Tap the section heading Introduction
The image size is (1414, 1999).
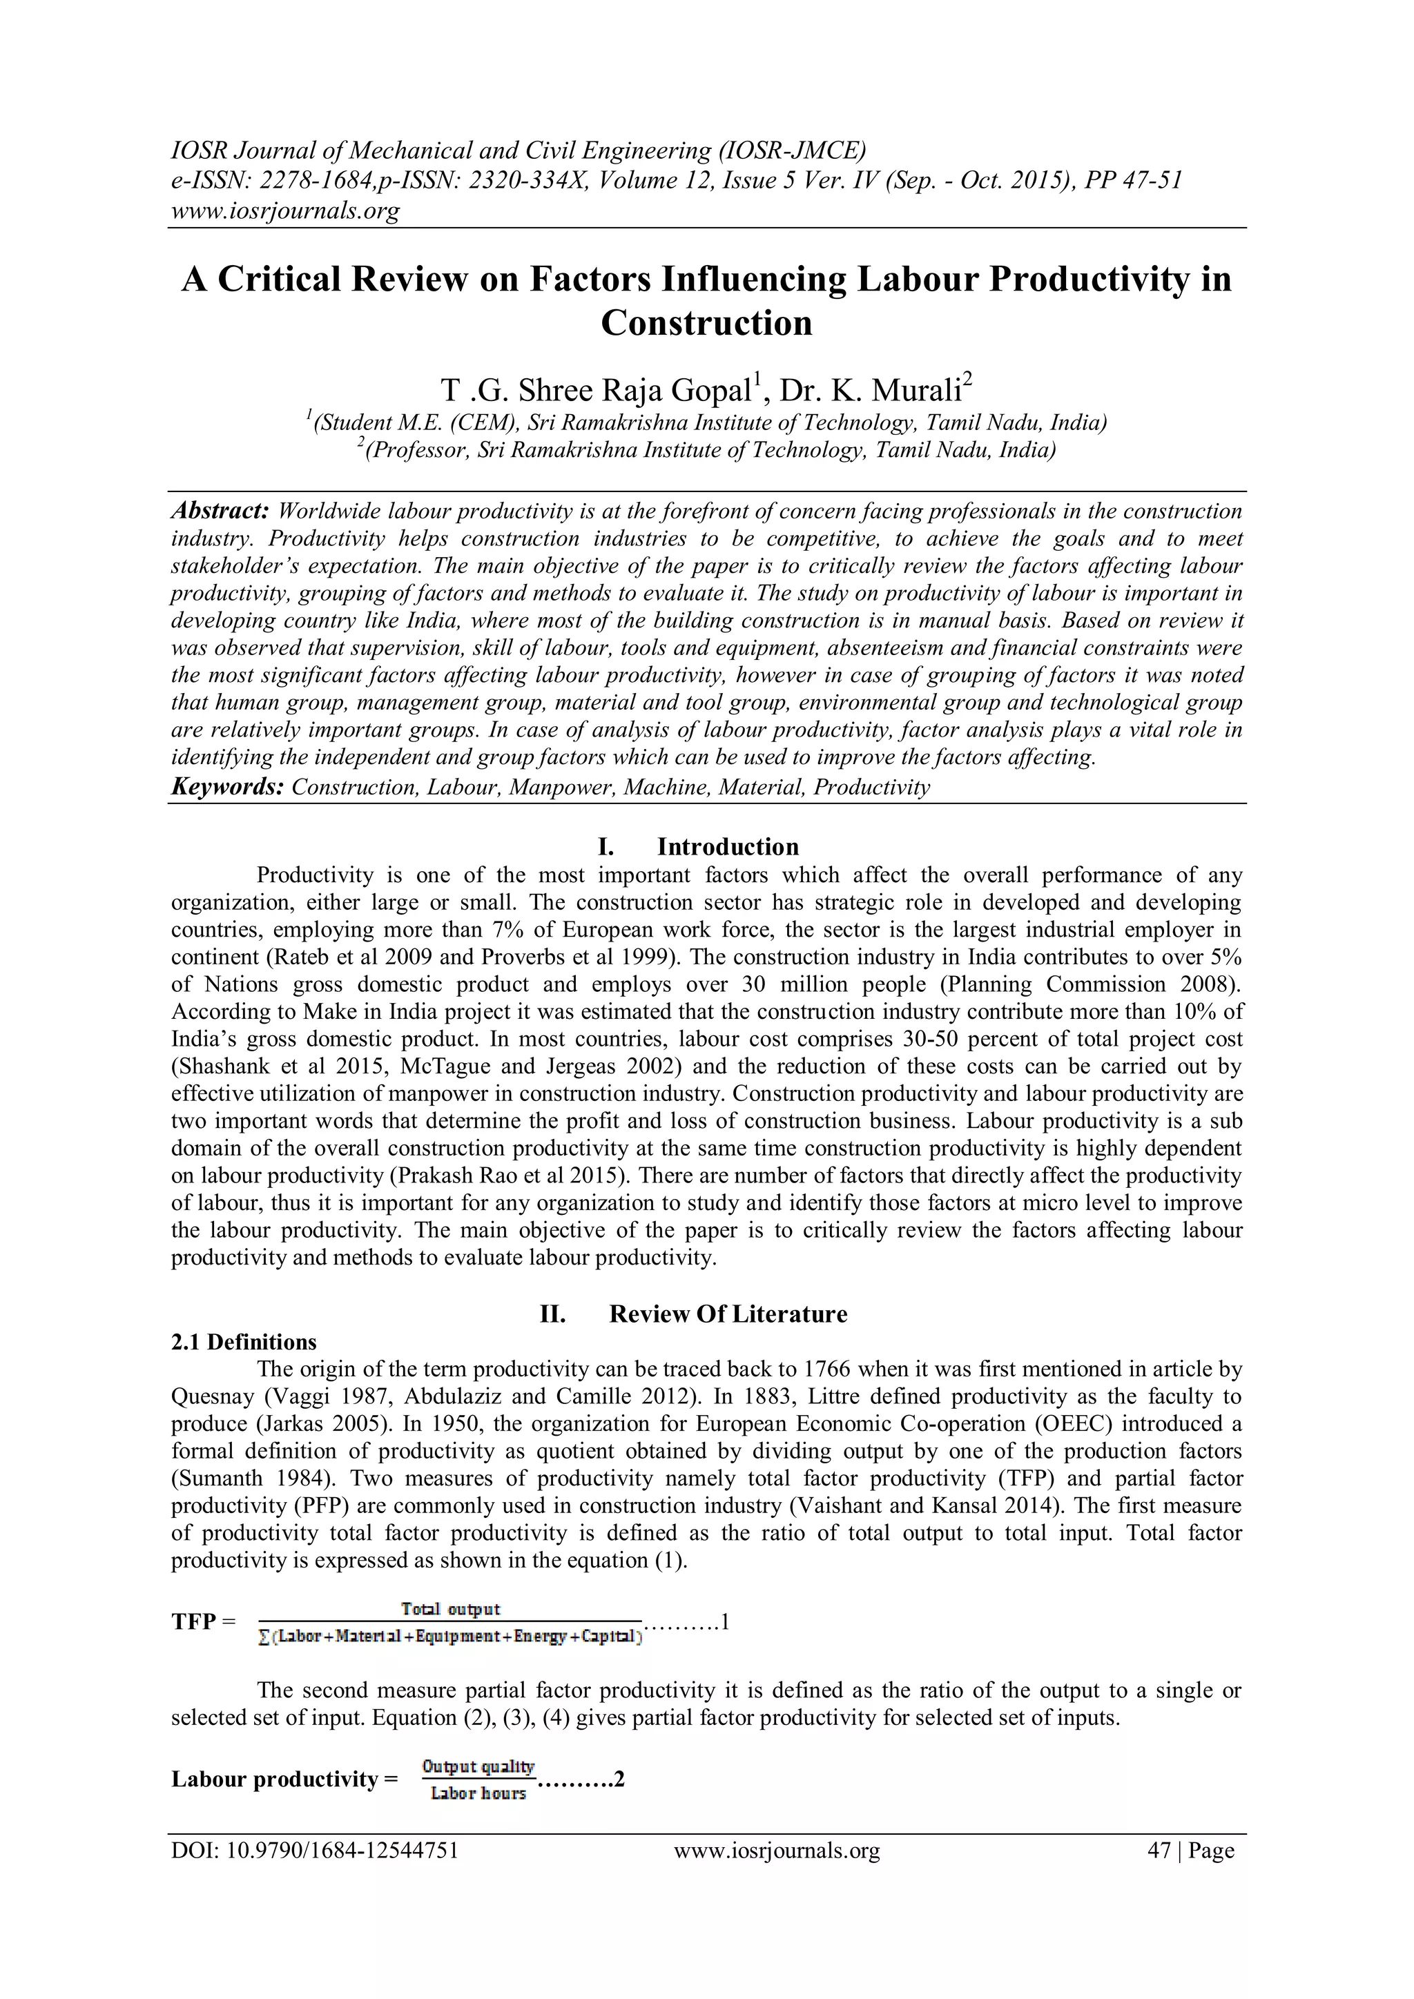click(x=727, y=846)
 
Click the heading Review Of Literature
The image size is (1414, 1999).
click(x=727, y=1314)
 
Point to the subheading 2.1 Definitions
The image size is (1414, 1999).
click(x=244, y=1342)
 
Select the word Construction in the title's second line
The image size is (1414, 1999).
click(x=706, y=323)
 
